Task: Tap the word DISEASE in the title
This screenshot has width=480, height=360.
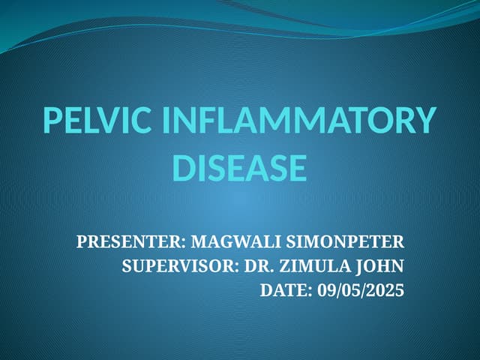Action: (x=240, y=167)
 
